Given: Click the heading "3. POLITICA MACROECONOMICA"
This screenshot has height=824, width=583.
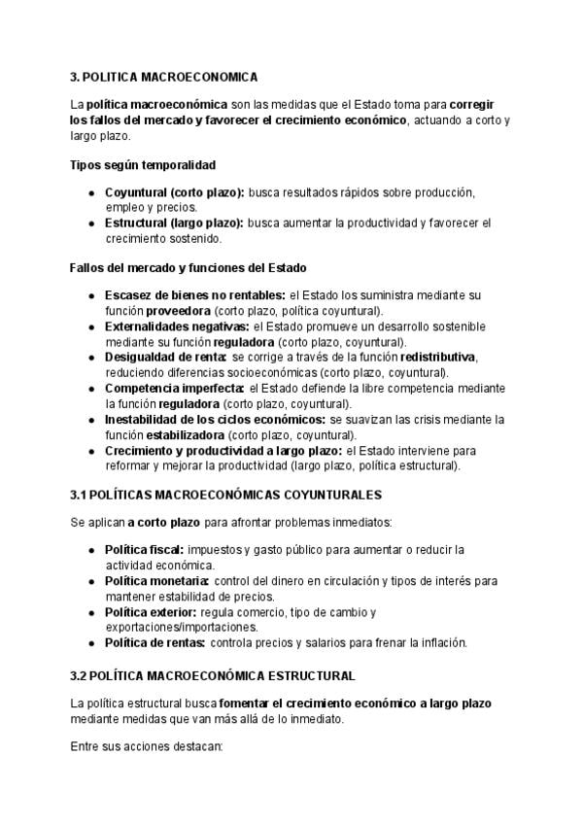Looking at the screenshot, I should (164, 76).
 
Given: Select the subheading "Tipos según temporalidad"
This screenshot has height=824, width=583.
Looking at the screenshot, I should (143, 165).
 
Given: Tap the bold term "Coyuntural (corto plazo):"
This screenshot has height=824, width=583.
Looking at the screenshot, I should (174, 193).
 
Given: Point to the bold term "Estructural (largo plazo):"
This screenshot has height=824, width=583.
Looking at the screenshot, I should (174, 223).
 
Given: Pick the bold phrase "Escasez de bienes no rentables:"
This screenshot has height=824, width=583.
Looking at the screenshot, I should (194, 295).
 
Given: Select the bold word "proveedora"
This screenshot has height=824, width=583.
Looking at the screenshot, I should (179, 311).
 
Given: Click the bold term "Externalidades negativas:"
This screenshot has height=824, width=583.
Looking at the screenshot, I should (177, 326).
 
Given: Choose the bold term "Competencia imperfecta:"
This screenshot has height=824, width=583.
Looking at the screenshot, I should (174, 389).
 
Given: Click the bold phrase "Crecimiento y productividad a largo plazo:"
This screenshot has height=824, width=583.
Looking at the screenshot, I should (223, 451).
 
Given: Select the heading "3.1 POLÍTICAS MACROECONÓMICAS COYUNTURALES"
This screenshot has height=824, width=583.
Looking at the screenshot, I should (226, 495).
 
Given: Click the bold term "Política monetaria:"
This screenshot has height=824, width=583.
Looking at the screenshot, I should (156, 581).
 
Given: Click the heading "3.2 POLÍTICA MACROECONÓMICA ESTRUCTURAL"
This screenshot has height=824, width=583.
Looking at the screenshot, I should (213, 675).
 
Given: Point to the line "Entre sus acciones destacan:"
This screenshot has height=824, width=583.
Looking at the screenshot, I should (147, 748).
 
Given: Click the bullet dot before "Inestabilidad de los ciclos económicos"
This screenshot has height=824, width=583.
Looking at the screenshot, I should (90, 421).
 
